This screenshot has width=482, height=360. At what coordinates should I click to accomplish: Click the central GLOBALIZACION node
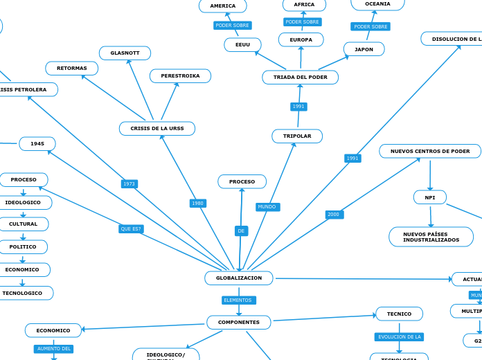239,278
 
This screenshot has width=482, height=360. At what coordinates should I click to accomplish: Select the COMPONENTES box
239,323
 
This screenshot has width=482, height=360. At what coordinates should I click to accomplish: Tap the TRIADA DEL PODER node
300,78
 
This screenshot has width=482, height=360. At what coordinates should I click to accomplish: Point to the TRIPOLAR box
297,136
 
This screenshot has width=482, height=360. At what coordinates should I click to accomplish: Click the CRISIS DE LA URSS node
157,129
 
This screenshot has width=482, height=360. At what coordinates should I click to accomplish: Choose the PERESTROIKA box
180,76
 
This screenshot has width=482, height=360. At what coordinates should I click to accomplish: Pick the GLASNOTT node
125,53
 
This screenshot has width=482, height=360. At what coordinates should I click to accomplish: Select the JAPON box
364,50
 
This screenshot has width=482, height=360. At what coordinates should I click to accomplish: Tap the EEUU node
242,45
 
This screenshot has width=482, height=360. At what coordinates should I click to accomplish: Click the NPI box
430,198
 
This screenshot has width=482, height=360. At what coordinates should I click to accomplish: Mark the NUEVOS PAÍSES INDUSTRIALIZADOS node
431,237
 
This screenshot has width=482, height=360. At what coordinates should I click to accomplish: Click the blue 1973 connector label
130,184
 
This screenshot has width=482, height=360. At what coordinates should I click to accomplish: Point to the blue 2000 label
334,215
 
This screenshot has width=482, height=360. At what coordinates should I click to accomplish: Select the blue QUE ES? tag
131,229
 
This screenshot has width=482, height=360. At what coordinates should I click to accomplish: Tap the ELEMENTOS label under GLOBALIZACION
238,300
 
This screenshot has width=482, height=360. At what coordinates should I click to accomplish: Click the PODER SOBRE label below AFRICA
303,22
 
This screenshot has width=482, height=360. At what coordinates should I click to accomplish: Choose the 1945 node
37,144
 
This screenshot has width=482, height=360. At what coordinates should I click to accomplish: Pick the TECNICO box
399,314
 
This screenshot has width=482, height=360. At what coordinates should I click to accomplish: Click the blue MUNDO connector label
267,207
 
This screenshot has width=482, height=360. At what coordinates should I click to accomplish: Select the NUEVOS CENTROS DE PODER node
430,152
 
